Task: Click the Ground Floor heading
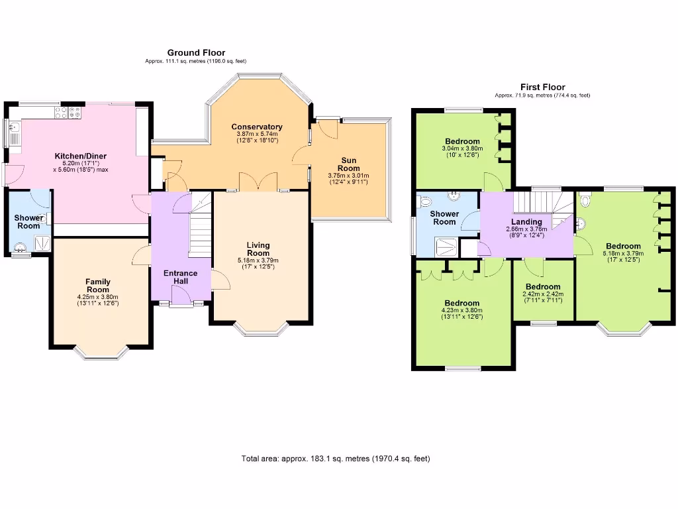click(195, 52)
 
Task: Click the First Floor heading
click(542, 87)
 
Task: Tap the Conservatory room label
click(257, 127)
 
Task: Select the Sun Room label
click(348, 164)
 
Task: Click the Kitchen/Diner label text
click(80, 156)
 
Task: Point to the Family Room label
click(97, 286)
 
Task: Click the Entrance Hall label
click(181, 277)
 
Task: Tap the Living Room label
click(258, 249)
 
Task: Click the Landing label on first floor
click(527, 222)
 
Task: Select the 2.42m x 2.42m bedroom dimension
click(543, 294)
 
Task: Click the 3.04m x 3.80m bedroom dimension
click(462, 148)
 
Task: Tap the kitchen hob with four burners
click(72, 113)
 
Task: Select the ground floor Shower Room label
click(28, 221)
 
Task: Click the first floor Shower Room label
click(444, 218)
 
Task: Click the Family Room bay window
click(101, 353)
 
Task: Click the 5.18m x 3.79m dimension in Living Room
click(258, 260)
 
